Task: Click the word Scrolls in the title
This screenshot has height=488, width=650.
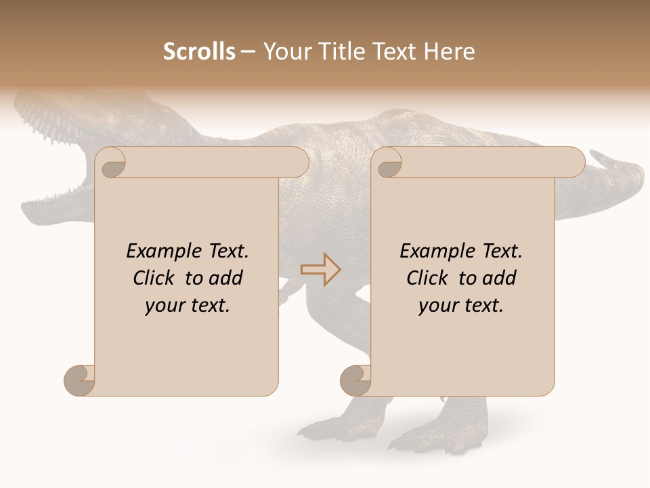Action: click(x=199, y=52)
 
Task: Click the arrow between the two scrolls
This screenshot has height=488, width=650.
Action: click(x=320, y=269)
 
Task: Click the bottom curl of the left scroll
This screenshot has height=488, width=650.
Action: click(x=79, y=380)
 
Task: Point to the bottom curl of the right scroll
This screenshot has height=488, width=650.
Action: click(x=355, y=380)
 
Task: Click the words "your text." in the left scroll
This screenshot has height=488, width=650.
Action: click(x=188, y=306)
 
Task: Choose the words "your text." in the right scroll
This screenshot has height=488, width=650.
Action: click(x=461, y=306)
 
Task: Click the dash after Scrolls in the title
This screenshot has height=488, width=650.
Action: click(x=247, y=52)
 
